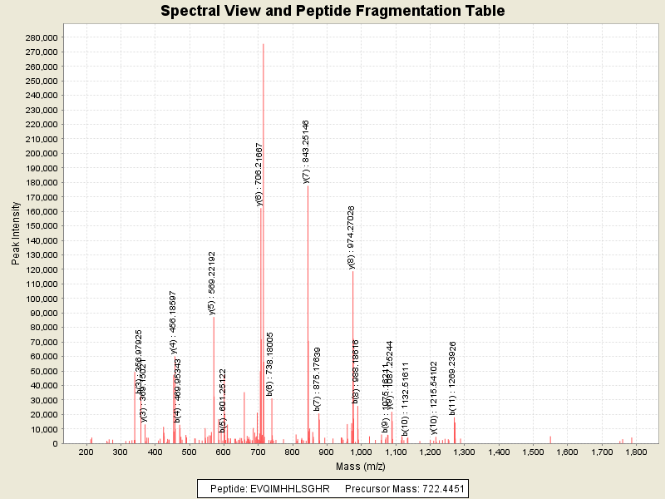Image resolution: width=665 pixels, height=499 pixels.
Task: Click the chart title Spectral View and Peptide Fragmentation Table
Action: (x=332, y=12)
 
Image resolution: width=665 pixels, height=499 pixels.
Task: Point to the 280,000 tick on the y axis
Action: (x=41, y=37)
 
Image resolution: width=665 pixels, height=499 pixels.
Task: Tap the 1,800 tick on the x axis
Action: (x=636, y=452)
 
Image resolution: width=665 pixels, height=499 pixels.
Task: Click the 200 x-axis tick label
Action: (x=85, y=452)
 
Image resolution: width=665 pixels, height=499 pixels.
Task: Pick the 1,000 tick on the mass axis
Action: (x=361, y=452)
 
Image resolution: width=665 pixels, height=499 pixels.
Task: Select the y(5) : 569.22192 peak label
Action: (x=212, y=284)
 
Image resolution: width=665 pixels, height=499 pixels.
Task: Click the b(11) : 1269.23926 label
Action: (x=453, y=378)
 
